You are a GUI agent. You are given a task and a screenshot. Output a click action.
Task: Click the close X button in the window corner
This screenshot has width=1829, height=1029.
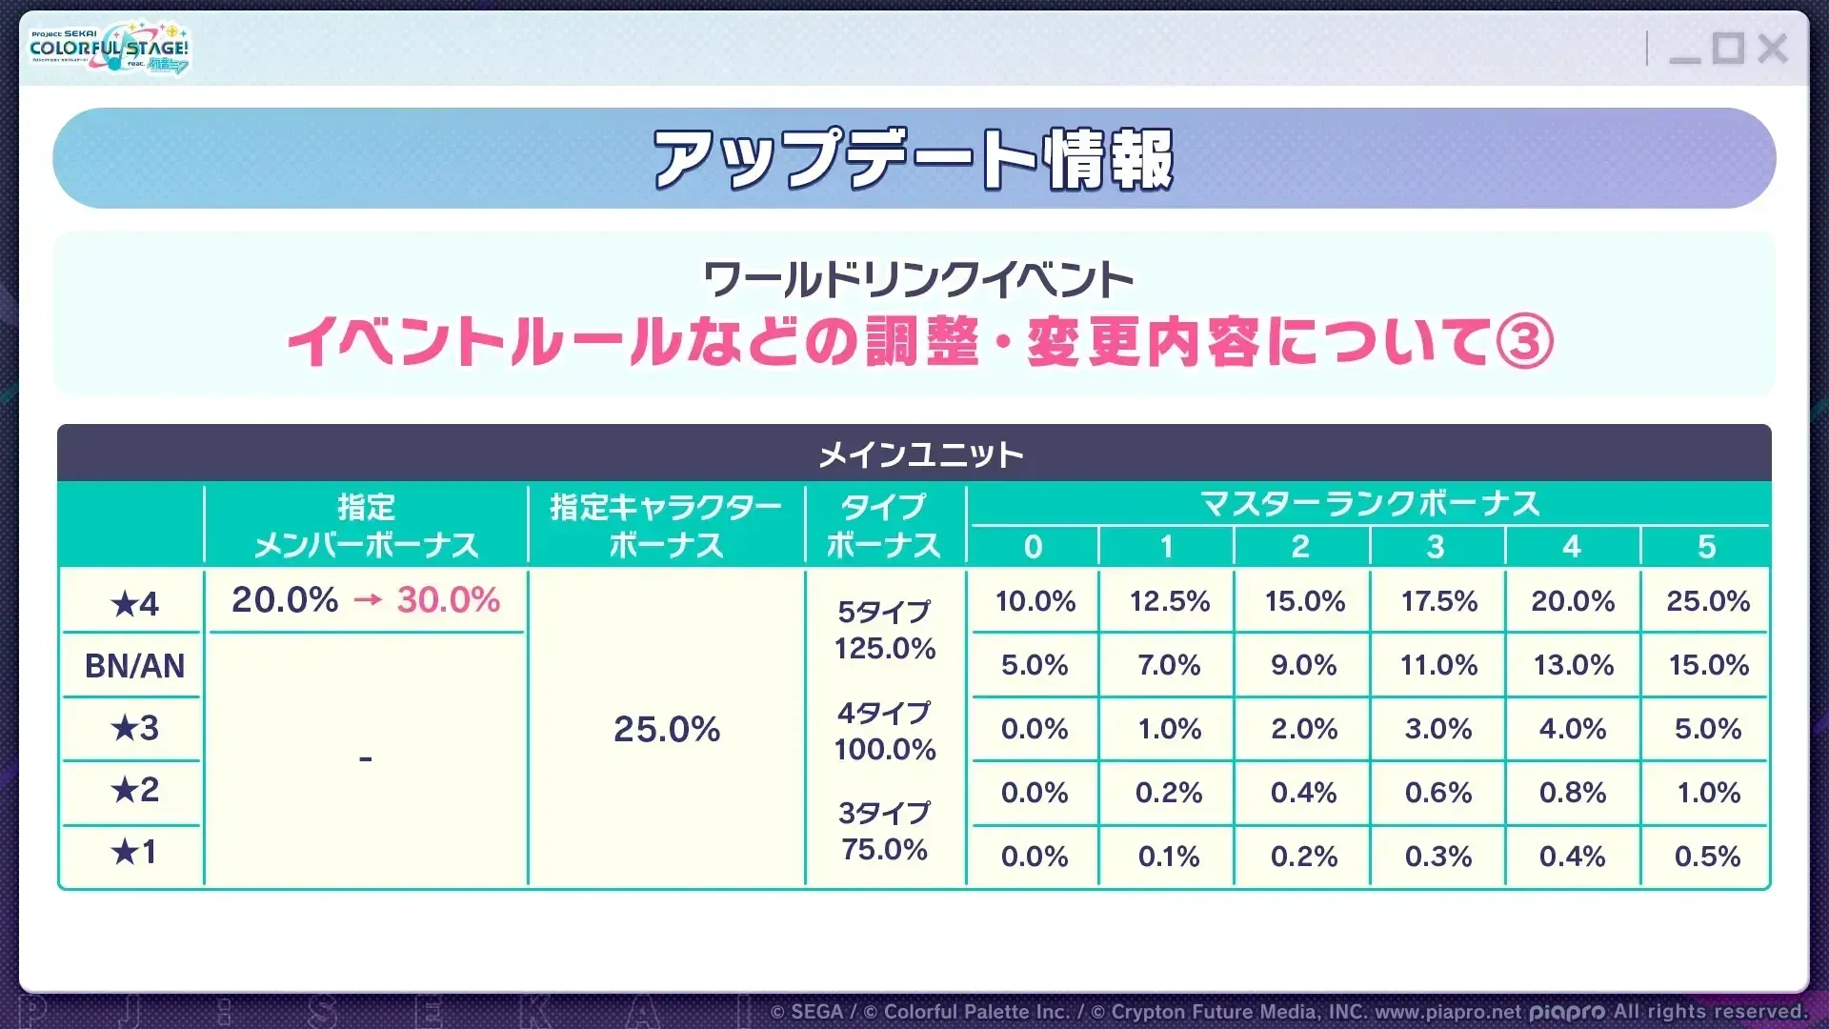pyautogui.click(x=1772, y=48)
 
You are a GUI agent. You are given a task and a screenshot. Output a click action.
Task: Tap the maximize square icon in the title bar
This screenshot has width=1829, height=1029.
pyautogui.click(x=1728, y=48)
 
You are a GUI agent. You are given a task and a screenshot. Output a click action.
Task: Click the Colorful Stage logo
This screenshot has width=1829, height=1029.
pyautogui.click(x=110, y=48)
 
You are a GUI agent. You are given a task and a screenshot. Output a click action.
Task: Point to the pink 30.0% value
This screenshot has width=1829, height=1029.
pyautogui.click(x=448, y=600)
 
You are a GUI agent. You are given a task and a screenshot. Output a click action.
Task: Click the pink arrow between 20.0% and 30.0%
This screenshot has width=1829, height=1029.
pyautogui.click(x=368, y=600)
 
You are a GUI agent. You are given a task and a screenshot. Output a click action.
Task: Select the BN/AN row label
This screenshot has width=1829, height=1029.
pyautogui.click(x=134, y=666)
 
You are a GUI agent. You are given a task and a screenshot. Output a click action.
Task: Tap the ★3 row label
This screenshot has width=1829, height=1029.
pyautogui.click(x=134, y=729)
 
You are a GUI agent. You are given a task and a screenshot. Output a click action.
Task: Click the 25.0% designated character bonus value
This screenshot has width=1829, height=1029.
pyautogui.click(x=667, y=730)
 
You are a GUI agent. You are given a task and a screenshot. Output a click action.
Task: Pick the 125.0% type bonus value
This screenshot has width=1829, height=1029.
pyautogui.click(x=885, y=649)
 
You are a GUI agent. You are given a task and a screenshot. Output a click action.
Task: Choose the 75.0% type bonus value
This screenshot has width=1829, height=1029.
pyautogui.click(x=885, y=849)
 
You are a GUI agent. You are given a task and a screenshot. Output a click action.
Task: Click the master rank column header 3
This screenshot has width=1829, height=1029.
pyautogui.click(x=1436, y=547)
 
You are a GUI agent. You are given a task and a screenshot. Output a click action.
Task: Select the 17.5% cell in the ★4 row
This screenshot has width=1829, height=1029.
pyautogui.click(x=1438, y=601)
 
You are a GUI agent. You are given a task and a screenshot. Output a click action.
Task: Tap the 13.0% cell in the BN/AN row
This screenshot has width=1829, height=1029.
pyautogui.click(x=1573, y=665)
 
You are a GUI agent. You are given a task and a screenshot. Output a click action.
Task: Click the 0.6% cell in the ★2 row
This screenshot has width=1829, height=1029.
pyautogui.click(x=1438, y=793)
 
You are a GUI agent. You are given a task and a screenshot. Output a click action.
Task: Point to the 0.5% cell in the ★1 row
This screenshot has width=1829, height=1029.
pyautogui.click(x=1707, y=857)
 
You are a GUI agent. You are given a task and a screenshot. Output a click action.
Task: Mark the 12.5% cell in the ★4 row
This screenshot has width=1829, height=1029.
pyautogui.click(x=1169, y=601)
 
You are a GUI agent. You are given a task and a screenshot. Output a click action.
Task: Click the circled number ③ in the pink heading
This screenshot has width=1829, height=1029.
pyautogui.click(x=1524, y=342)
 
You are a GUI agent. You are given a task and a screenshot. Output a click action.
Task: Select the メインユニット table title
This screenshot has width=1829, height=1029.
pyautogui.click(x=920, y=454)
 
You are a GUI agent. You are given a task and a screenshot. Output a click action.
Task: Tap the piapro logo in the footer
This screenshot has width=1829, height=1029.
pyautogui.click(x=1566, y=1012)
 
